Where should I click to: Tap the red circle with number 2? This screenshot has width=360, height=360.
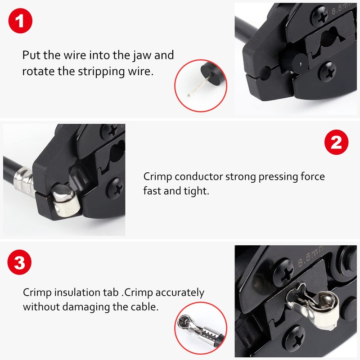336,143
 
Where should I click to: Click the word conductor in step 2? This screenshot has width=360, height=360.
199,176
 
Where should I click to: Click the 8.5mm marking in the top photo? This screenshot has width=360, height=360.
341,10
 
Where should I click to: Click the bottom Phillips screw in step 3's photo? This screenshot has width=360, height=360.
295,335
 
